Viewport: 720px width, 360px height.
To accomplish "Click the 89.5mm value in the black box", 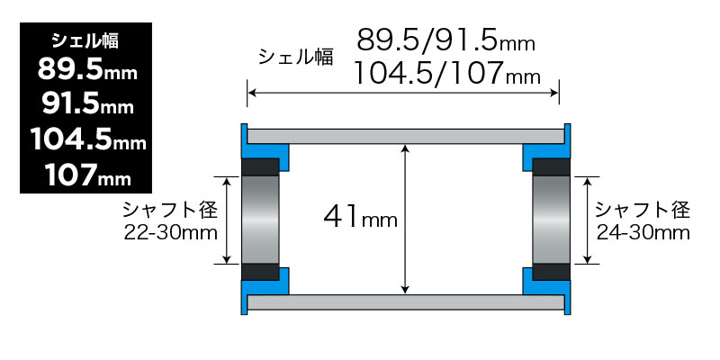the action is (86, 70).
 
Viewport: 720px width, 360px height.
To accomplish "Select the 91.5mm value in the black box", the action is (86, 104).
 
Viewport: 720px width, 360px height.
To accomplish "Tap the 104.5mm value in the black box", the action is (86, 139).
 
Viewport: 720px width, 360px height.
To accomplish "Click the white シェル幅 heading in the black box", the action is (86, 40).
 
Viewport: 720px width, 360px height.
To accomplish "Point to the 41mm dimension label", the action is (360, 217).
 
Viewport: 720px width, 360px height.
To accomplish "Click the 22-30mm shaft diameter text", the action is (171, 233).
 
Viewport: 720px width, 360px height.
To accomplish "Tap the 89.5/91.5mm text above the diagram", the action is (445, 40).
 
